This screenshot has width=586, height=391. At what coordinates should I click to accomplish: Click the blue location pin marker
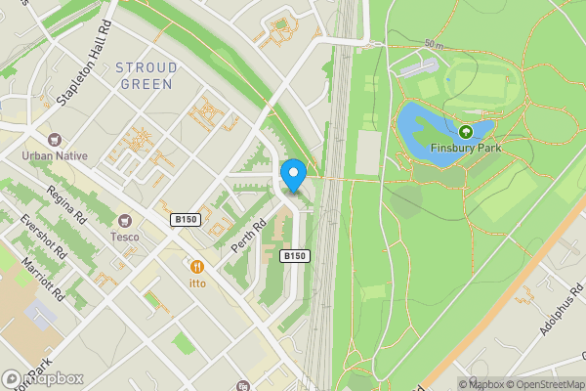pos(293,174)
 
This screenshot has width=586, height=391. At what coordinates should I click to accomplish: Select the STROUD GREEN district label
pos(146,76)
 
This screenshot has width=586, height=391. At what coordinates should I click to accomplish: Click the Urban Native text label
pos(56,155)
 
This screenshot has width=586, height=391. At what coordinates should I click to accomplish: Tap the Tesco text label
pos(125,236)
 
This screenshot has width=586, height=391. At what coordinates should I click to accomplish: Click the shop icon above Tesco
pos(125,220)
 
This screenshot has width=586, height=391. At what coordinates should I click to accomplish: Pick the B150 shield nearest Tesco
pos(186,220)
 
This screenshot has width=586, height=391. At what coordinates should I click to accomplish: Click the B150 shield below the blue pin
pos(295,256)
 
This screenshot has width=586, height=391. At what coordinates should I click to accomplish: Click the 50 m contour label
pos(436,45)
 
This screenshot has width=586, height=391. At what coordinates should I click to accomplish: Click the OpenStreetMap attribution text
pos(542,384)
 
